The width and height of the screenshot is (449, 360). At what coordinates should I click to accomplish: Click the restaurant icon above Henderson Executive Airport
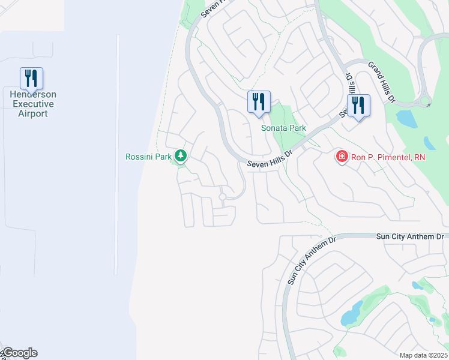(31, 79)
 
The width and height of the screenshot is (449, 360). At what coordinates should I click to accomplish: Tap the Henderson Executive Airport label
(33, 104)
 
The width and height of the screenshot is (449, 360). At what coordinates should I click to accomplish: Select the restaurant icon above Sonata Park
(259, 101)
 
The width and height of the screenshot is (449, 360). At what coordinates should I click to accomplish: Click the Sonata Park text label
(283, 128)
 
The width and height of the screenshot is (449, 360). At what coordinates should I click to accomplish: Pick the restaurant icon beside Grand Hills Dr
(358, 106)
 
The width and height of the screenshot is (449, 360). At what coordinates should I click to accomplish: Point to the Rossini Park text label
(148, 157)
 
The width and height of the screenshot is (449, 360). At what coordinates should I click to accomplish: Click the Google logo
(19, 353)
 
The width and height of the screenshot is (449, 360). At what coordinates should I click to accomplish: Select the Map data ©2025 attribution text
(423, 355)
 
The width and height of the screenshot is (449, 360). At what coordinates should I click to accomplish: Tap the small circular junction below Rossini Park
(222, 197)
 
